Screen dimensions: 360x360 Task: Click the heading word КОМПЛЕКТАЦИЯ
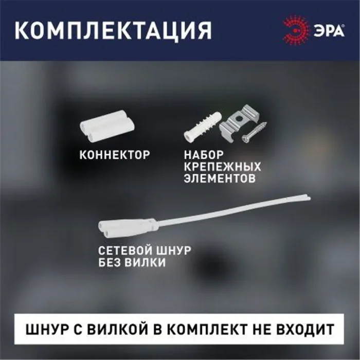(113, 30)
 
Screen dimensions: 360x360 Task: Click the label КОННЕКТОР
(115, 154)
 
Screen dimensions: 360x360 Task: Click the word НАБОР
(204, 154)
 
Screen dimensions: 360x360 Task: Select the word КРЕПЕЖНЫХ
(222, 167)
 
